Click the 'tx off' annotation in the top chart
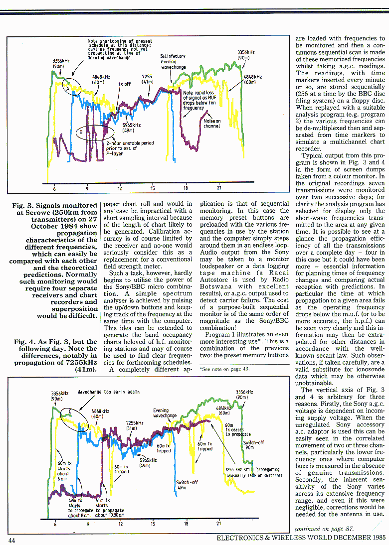(124, 84)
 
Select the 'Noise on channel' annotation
(212, 123)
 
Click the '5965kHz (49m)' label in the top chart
(131, 128)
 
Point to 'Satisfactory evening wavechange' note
(173, 61)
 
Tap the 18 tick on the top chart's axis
(186, 188)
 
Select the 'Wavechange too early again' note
(108, 392)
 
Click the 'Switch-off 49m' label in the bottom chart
(187, 485)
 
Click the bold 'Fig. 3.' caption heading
(24, 205)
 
